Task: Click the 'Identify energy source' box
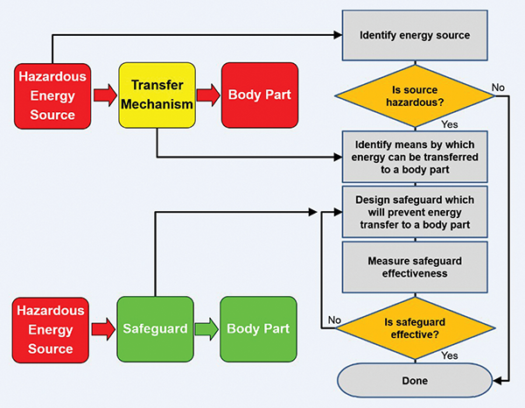click(415, 36)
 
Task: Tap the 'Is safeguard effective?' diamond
click(415, 327)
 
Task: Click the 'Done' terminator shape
click(415, 380)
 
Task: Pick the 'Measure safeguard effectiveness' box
click(415, 266)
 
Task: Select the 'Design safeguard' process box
click(415, 211)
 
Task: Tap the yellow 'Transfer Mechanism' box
click(156, 94)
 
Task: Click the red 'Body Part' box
click(258, 93)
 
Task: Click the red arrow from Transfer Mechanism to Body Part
click(207, 93)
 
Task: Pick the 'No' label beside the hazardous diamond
click(498, 87)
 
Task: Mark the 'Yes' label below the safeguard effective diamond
click(451, 355)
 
